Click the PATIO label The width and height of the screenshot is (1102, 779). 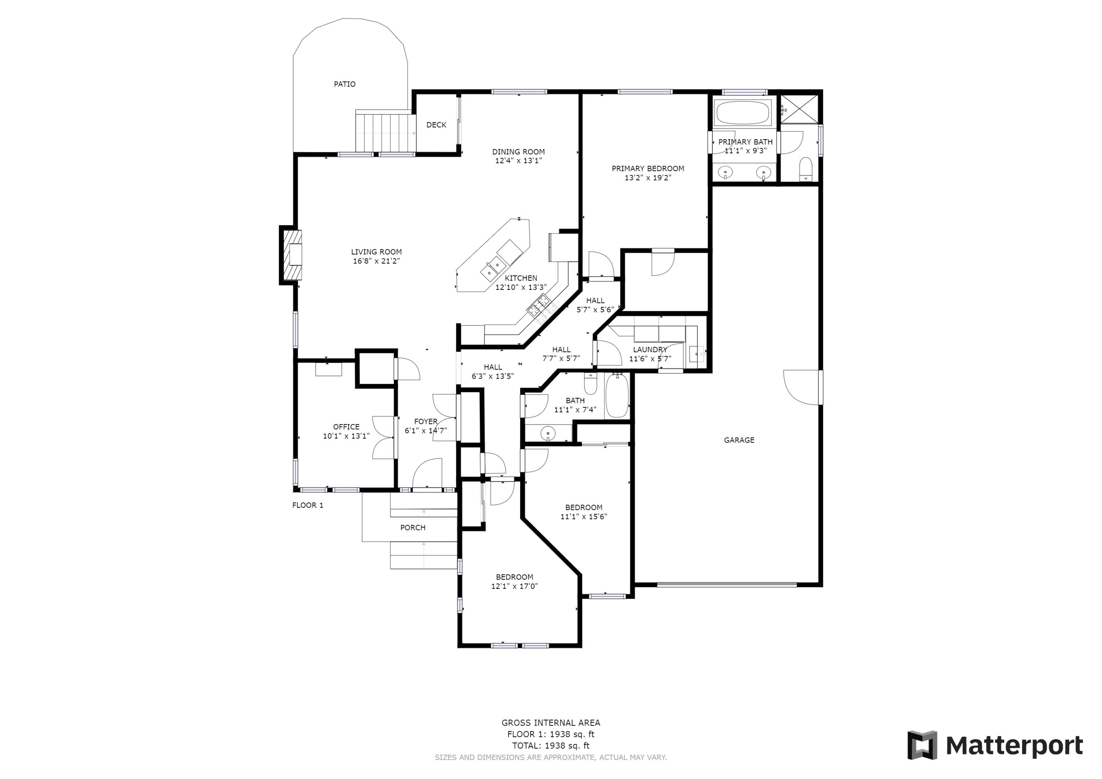pos(345,84)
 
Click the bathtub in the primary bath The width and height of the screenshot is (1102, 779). pos(742,113)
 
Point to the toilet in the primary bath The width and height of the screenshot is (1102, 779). pos(806,169)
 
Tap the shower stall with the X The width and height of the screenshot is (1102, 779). pos(799,109)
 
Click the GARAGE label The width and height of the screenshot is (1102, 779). pos(739,440)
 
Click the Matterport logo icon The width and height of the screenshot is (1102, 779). pos(922,746)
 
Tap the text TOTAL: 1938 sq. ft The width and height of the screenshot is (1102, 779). pos(551,746)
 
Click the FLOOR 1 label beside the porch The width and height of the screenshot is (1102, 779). pos(308,505)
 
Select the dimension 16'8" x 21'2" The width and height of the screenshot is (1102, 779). pos(376,261)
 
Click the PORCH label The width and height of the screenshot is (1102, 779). pos(413,527)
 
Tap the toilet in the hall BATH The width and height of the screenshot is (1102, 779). pos(590,383)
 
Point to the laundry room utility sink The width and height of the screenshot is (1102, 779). pos(696,354)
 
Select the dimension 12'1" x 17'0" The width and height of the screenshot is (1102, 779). pos(514,587)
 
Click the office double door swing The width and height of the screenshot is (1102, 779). pos(384,437)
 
